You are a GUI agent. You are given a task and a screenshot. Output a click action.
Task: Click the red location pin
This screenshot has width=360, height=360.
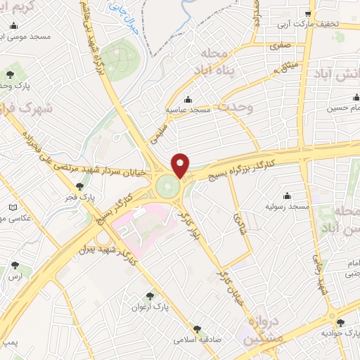coord(181,165)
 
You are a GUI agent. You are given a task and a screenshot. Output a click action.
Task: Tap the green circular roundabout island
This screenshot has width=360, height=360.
coord(167,187)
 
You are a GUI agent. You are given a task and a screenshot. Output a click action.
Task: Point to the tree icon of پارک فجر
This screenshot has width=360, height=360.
coord(79,186)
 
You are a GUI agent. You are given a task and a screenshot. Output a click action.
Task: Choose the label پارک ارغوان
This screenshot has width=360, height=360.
coord(150,307)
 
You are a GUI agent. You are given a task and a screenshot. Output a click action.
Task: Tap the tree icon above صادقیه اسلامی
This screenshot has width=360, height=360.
coord(197,328)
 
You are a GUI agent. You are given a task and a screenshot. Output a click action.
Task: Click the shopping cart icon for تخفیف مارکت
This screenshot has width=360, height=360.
coord(309,14)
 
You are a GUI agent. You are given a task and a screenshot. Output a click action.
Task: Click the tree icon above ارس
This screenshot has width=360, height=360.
coord(15,266)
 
